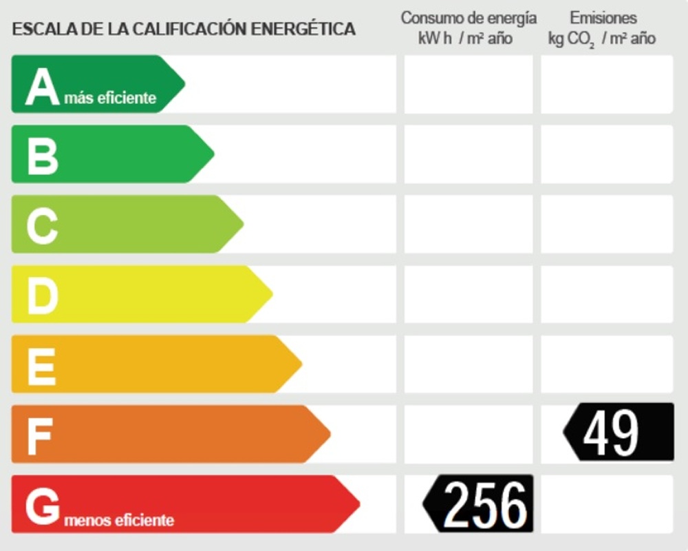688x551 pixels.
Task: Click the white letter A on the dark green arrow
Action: click(x=42, y=87)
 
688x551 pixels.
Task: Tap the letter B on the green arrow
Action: click(x=42, y=156)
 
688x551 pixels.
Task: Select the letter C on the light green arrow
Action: click(x=42, y=227)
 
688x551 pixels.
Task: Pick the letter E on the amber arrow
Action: click(x=41, y=366)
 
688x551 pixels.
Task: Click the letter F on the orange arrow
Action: click(x=40, y=437)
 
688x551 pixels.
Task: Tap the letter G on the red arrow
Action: click(x=43, y=507)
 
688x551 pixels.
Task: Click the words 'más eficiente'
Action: click(x=110, y=98)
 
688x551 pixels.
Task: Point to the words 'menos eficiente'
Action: click(x=119, y=519)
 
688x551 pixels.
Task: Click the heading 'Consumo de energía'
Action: click(x=469, y=18)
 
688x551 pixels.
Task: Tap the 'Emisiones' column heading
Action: click(x=603, y=18)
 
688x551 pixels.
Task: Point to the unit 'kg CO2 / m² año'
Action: click(x=601, y=39)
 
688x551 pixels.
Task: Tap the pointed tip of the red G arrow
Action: click(x=358, y=504)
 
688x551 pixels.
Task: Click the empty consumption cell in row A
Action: click(x=468, y=85)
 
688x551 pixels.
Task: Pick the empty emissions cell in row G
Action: click(x=606, y=504)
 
